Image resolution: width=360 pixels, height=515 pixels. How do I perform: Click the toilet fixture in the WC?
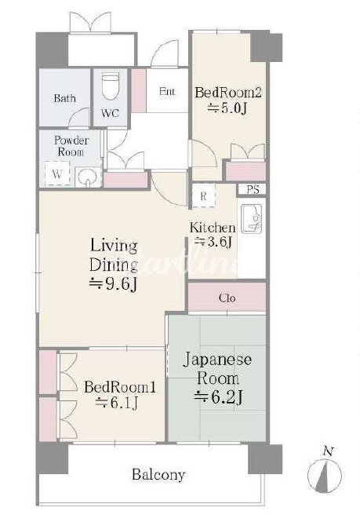pos(110,86)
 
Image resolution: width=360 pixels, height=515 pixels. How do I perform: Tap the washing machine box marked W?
pos(57,173)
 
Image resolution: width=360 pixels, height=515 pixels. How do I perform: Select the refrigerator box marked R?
pos(203,195)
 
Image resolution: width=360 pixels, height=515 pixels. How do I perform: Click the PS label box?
pos(252,189)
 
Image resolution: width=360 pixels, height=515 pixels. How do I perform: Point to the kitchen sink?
pos(252,219)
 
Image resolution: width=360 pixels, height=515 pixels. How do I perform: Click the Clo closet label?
pos(227,298)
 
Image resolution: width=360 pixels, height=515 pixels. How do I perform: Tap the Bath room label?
pos(65,98)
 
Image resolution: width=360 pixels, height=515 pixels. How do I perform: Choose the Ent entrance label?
pos(167,91)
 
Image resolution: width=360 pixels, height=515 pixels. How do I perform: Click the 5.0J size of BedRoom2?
pos(227,108)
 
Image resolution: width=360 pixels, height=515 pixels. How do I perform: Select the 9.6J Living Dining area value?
pos(113,284)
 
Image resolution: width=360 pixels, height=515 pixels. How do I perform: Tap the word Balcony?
pos(158,475)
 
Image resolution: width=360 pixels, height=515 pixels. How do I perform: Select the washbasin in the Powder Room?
pos(88,177)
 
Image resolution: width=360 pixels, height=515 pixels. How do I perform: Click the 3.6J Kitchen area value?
pos(213,242)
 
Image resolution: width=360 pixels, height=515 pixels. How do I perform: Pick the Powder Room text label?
pos(71,146)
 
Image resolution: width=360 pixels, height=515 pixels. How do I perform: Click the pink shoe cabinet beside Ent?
pos(139,90)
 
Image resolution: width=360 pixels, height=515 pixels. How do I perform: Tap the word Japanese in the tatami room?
pos(217,360)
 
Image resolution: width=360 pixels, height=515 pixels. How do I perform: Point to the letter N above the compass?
pos(327,452)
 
